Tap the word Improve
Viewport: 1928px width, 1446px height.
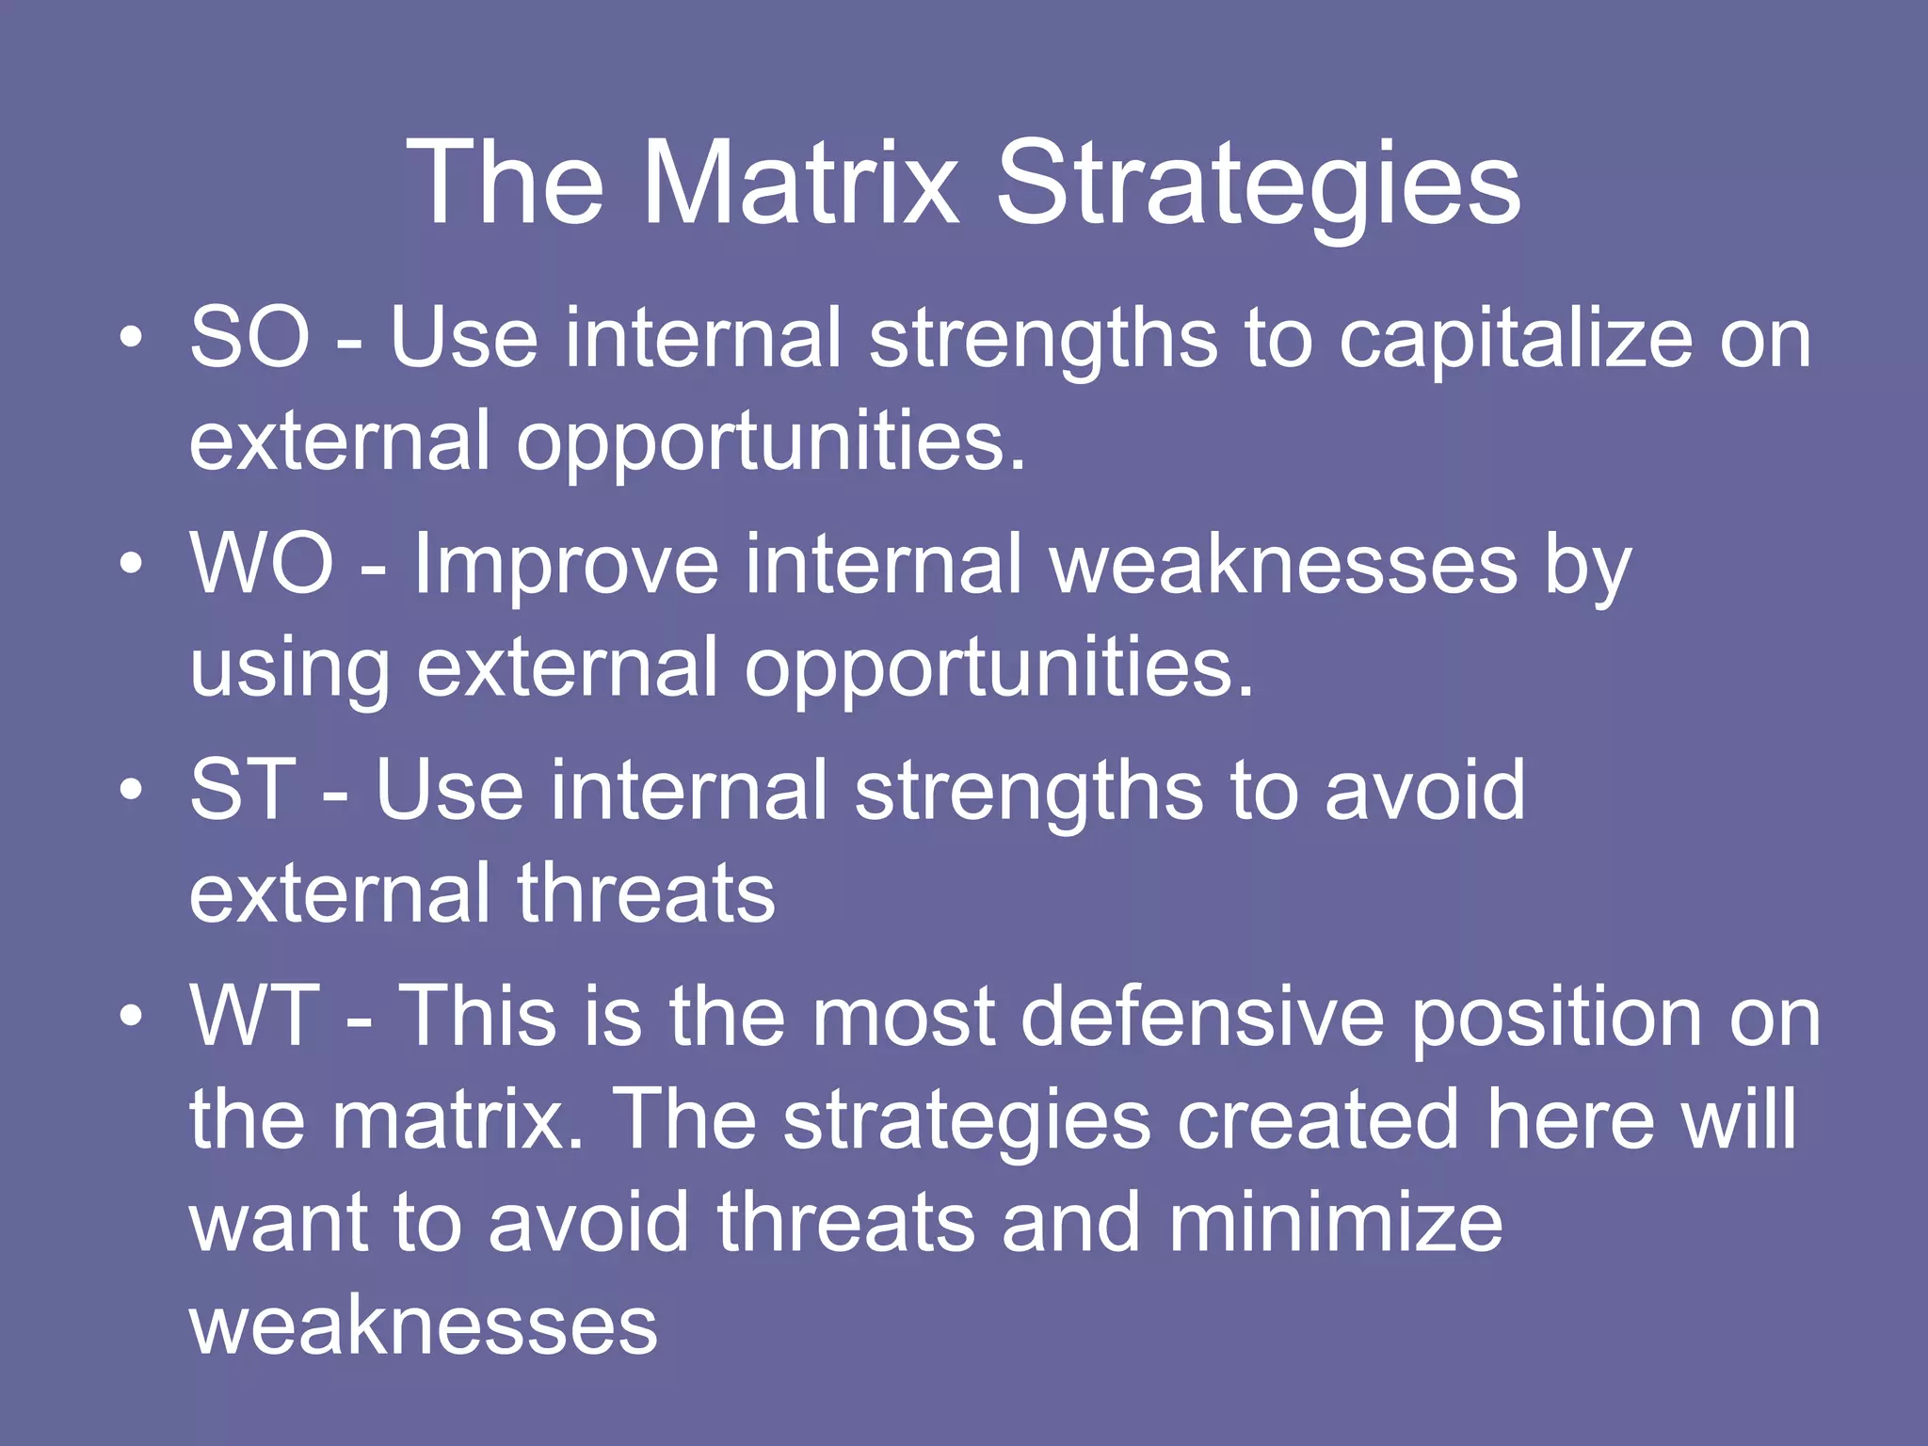click(x=566, y=565)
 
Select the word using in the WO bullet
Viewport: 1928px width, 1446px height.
click(x=289, y=668)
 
